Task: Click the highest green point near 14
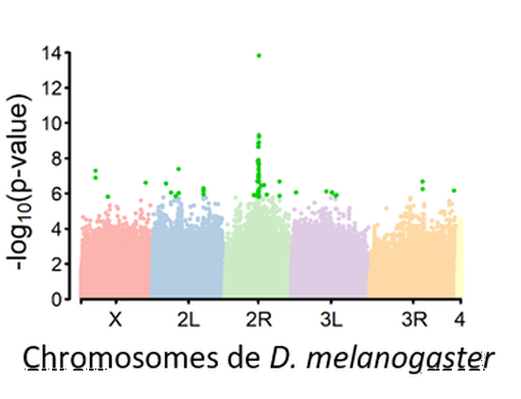pyautogui.click(x=260, y=56)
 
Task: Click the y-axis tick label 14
pyautogui.click(x=54, y=53)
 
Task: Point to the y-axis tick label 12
pyautogui.click(x=54, y=88)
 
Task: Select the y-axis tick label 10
pyautogui.click(x=54, y=123)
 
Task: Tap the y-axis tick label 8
pyautogui.click(x=60, y=158)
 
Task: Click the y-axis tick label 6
pyautogui.click(x=60, y=193)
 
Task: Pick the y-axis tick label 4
pyautogui.click(x=60, y=228)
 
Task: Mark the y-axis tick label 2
pyautogui.click(x=60, y=263)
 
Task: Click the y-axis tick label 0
pyautogui.click(x=60, y=299)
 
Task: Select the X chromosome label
pyautogui.click(x=115, y=320)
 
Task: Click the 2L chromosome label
pyautogui.click(x=188, y=320)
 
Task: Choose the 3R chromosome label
pyautogui.click(x=414, y=320)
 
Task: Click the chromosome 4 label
pyautogui.click(x=459, y=320)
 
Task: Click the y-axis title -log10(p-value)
pyautogui.click(x=26, y=176)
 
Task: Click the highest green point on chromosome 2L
pyautogui.click(x=178, y=169)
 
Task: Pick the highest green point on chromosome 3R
pyautogui.click(x=422, y=181)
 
